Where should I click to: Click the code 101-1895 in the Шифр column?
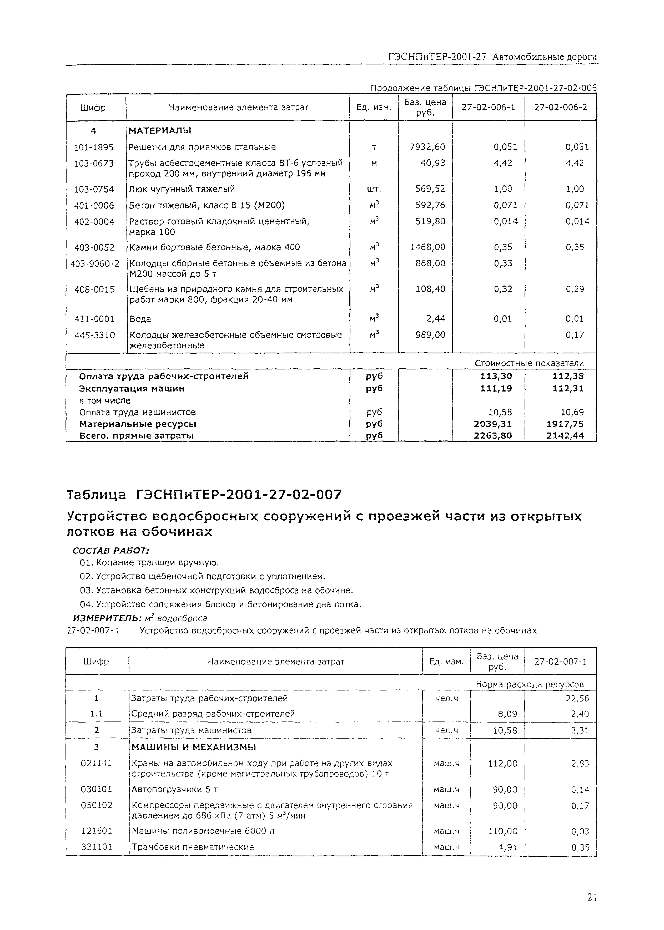(94, 147)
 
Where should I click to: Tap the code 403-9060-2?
(95, 263)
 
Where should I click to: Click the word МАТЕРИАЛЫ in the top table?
(160, 131)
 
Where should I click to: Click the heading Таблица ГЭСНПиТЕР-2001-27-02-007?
(204, 495)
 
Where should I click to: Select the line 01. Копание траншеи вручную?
(149, 563)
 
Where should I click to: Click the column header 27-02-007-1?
(560, 661)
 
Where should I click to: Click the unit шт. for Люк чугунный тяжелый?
(374, 189)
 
